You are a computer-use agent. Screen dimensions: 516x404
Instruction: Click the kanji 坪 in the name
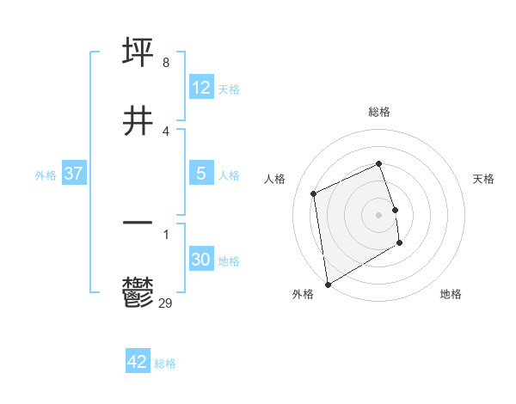[138, 52]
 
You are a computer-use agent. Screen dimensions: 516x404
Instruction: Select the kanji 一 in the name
[138, 223]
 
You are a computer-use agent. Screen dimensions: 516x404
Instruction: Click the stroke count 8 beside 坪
[165, 63]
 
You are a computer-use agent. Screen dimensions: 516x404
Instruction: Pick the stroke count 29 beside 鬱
[167, 303]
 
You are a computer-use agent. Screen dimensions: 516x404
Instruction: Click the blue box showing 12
[201, 88]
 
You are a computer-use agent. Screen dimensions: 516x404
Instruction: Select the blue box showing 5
[201, 174]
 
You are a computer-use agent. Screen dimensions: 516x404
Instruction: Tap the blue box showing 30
[201, 260]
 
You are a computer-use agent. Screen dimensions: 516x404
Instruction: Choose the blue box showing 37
[74, 174]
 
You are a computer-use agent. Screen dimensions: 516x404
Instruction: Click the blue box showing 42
[138, 362]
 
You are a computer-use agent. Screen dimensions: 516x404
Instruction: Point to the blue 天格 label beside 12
[229, 89]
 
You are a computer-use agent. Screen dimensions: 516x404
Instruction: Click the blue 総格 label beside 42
[165, 364]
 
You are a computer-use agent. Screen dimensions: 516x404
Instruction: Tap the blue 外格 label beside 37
[46, 175]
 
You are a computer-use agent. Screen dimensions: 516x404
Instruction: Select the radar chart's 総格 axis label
[379, 112]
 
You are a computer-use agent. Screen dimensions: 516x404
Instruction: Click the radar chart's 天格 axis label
[483, 179]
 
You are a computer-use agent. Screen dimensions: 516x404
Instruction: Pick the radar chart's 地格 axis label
[451, 294]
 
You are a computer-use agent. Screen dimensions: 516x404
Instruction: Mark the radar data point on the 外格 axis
[328, 284]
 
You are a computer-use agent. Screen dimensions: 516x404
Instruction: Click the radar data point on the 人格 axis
[314, 193]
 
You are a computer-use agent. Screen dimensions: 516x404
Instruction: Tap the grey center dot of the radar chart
[379, 214]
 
